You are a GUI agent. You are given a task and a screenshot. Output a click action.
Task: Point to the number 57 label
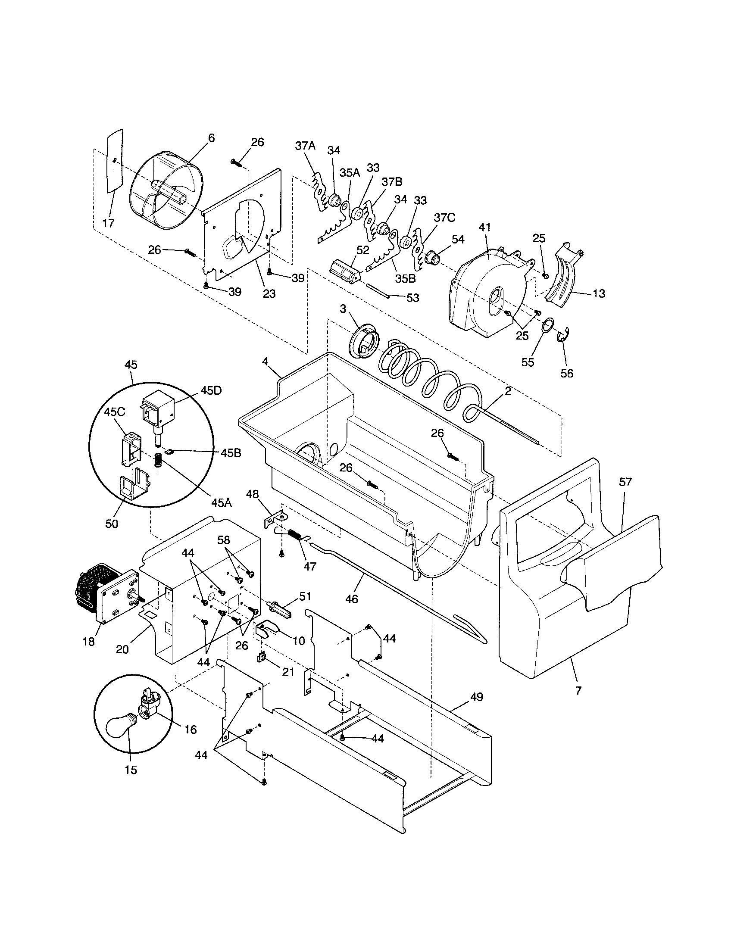coord(625,482)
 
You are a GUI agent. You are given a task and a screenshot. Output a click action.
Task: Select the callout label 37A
coord(305,146)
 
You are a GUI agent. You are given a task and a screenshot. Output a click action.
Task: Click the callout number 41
coord(484,227)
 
